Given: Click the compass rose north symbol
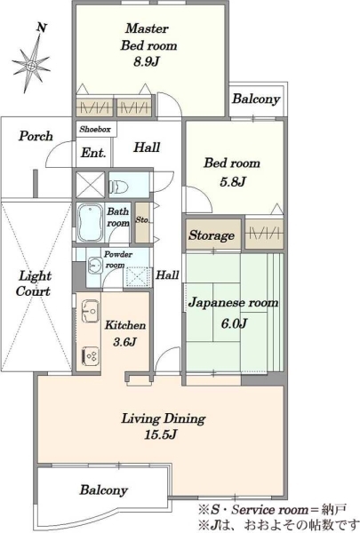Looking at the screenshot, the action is (x=31, y=60).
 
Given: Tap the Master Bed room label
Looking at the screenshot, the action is (x=148, y=36).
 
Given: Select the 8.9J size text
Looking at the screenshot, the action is (x=147, y=61).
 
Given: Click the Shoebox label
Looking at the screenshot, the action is (x=95, y=130).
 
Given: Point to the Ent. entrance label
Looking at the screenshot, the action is (x=93, y=153).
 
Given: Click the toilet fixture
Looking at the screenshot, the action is (x=118, y=187).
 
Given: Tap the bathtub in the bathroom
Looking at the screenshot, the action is (x=90, y=222).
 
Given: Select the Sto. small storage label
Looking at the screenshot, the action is (x=142, y=219).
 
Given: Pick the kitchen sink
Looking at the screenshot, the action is (x=91, y=310).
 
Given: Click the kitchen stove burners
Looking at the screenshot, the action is (x=91, y=356).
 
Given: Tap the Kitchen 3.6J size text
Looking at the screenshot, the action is (x=124, y=342).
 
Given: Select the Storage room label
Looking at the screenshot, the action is (x=212, y=235).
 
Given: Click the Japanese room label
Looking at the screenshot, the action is (x=234, y=302).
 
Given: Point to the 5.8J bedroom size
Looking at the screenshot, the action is (x=233, y=182).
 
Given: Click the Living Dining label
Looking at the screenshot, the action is (x=164, y=418).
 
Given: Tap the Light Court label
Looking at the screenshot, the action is (x=35, y=283).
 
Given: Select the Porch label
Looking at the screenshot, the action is (x=36, y=136).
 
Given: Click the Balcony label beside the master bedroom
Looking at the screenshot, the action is (x=256, y=99).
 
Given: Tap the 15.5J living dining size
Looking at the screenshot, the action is (x=161, y=434).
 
